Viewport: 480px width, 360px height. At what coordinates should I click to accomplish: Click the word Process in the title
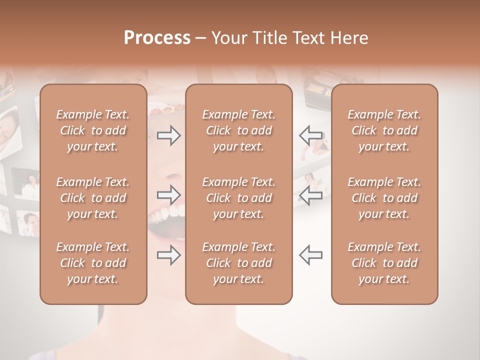[x=157, y=38]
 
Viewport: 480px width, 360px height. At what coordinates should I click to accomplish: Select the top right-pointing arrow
[x=168, y=135]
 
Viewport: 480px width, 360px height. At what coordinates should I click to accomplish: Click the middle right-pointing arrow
[x=168, y=194]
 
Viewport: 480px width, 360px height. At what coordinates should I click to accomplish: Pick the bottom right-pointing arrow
[x=168, y=255]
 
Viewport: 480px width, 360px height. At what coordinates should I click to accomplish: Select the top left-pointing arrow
[x=310, y=135]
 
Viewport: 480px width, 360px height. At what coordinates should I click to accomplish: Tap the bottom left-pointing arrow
[x=310, y=255]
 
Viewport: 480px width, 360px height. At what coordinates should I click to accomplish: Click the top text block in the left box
[x=93, y=130]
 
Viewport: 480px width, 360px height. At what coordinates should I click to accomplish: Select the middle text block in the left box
[x=93, y=198]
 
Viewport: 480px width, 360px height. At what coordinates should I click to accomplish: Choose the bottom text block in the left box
[x=93, y=263]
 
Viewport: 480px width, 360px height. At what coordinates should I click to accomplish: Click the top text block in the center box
[x=239, y=130]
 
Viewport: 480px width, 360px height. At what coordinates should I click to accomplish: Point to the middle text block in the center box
[x=239, y=198]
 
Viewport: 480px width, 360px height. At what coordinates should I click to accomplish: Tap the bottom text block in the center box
[x=239, y=263]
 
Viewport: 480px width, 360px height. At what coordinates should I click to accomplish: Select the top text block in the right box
[x=384, y=130]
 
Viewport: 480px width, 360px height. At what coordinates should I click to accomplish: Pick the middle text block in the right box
[x=384, y=198]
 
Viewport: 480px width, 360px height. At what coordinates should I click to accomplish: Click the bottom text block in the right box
[x=384, y=263]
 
